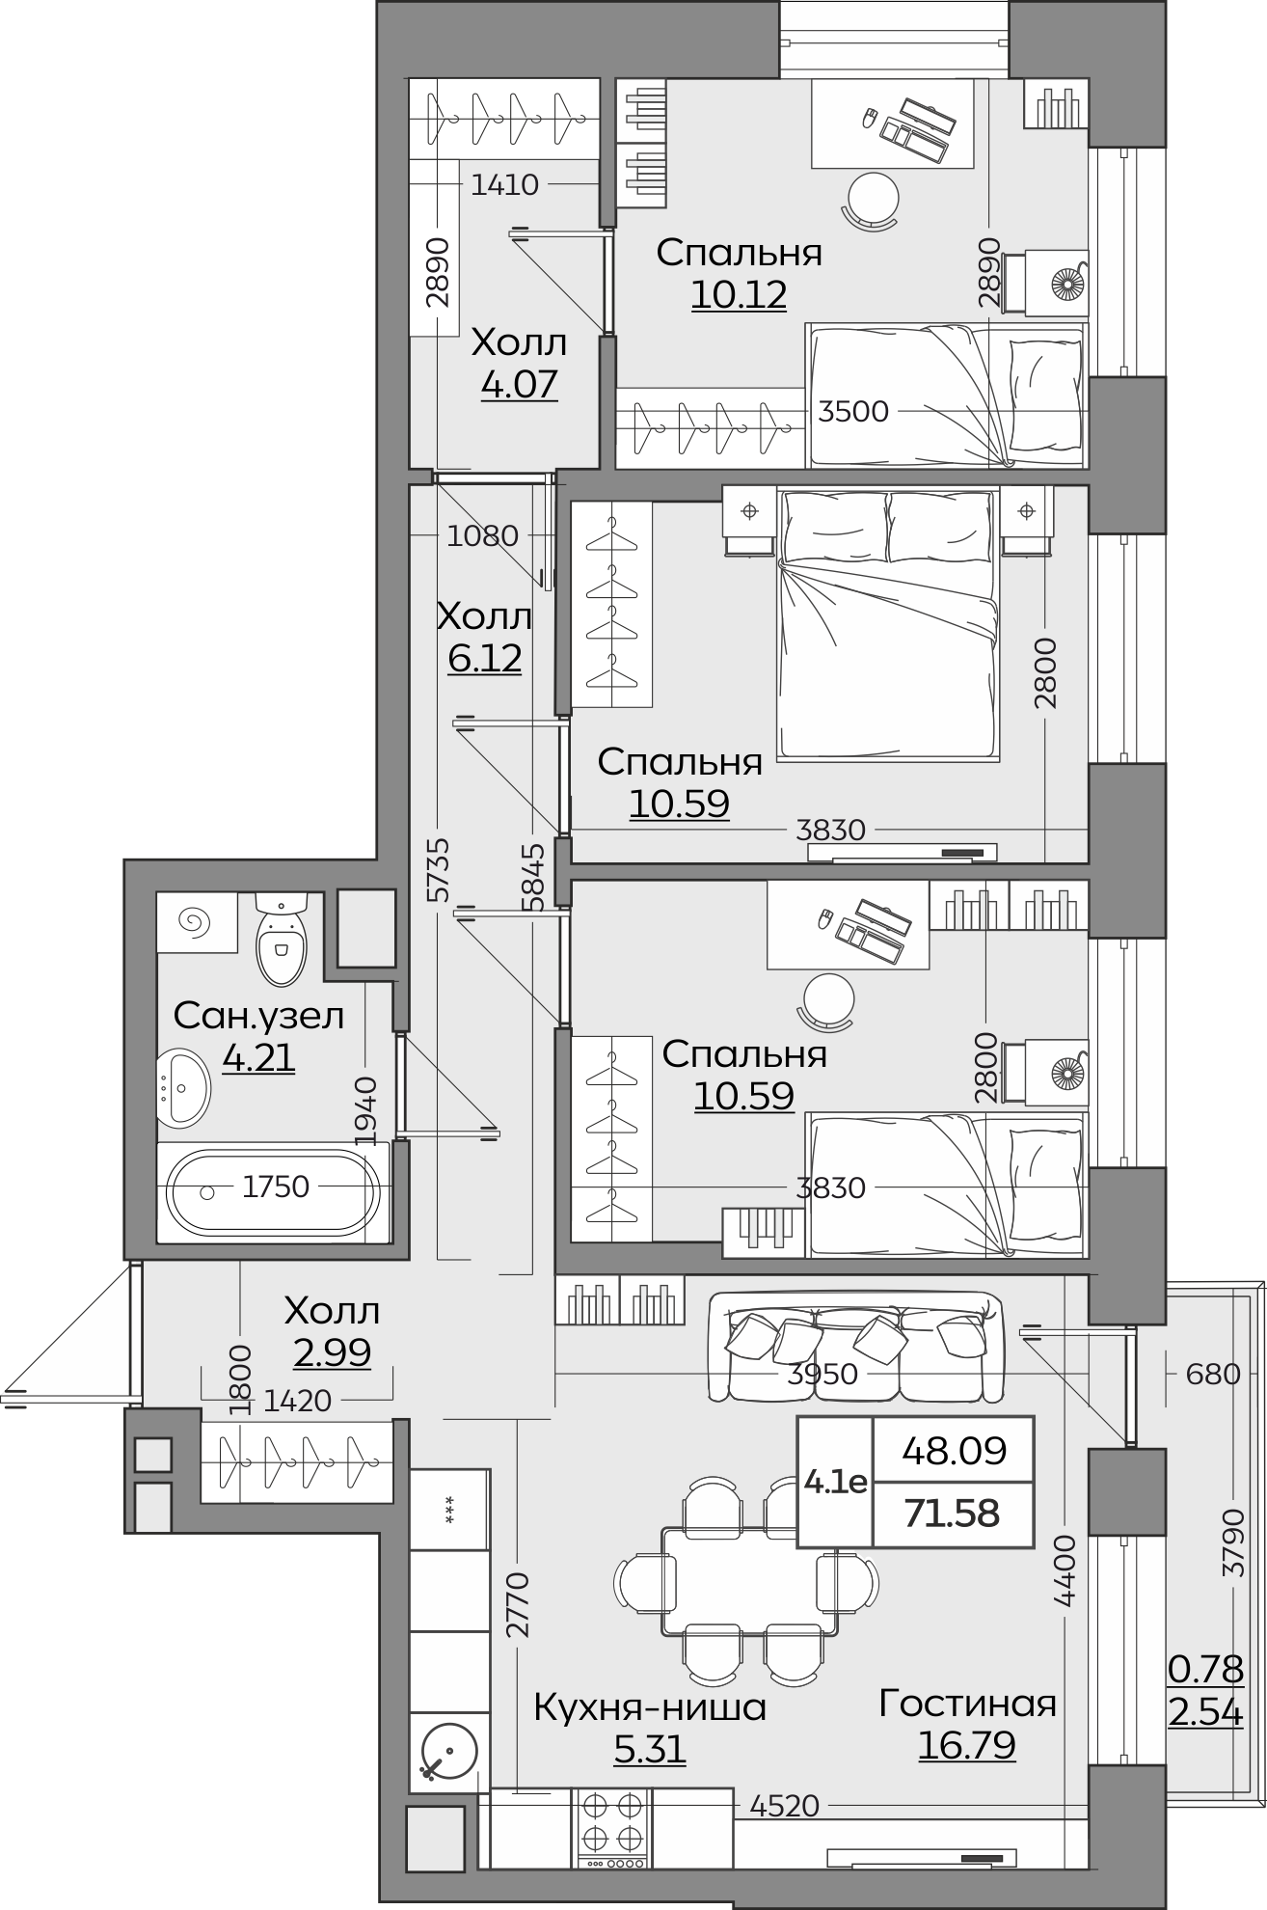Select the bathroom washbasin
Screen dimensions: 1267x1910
coord(182,1087)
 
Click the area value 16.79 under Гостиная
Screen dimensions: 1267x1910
coord(967,1746)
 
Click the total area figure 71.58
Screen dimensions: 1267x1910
coord(952,1514)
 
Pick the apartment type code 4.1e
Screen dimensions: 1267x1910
coord(835,1482)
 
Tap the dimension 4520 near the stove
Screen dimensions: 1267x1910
coord(784,1805)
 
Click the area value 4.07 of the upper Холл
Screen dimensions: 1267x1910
coord(519,384)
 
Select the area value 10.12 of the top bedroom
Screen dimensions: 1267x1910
coord(739,294)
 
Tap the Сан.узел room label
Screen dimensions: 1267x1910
coord(258,1016)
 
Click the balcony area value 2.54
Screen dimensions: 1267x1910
coord(1205,1713)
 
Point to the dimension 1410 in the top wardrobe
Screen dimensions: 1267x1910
coord(504,184)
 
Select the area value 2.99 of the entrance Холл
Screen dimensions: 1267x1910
coord(332,1352)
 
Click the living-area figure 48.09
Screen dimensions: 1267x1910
coord(954,1450)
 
